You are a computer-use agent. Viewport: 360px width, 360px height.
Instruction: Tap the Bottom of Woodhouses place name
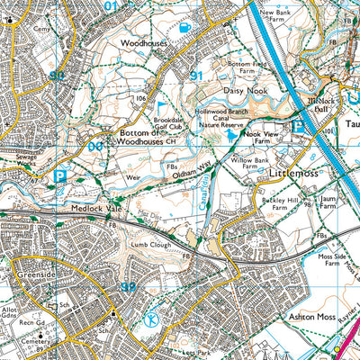coord(141,135)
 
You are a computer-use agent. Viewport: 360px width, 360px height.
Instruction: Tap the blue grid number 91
coord(195,77)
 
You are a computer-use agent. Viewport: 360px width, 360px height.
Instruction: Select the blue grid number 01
coord(111,6)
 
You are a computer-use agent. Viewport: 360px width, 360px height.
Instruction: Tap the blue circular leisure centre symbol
coord(151,319)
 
